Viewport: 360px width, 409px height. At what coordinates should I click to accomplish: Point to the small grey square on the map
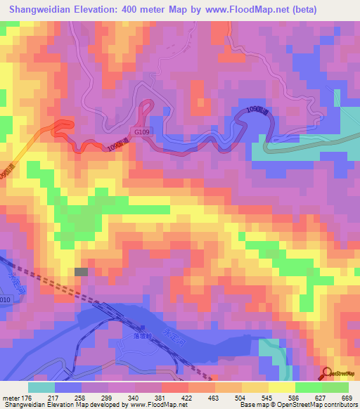pyautogui.click(x=82, y=271)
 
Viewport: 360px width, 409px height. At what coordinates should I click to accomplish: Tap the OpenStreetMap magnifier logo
pyautogui.click(x=328, y=373)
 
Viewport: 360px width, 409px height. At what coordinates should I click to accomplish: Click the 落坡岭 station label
pyautogui.click(x=145, y=338)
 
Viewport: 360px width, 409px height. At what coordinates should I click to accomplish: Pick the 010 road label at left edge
pyautogui.click(x=5, y=300)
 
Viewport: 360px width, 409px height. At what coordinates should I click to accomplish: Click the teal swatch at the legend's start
pyautogui.click(x=41, y=388)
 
